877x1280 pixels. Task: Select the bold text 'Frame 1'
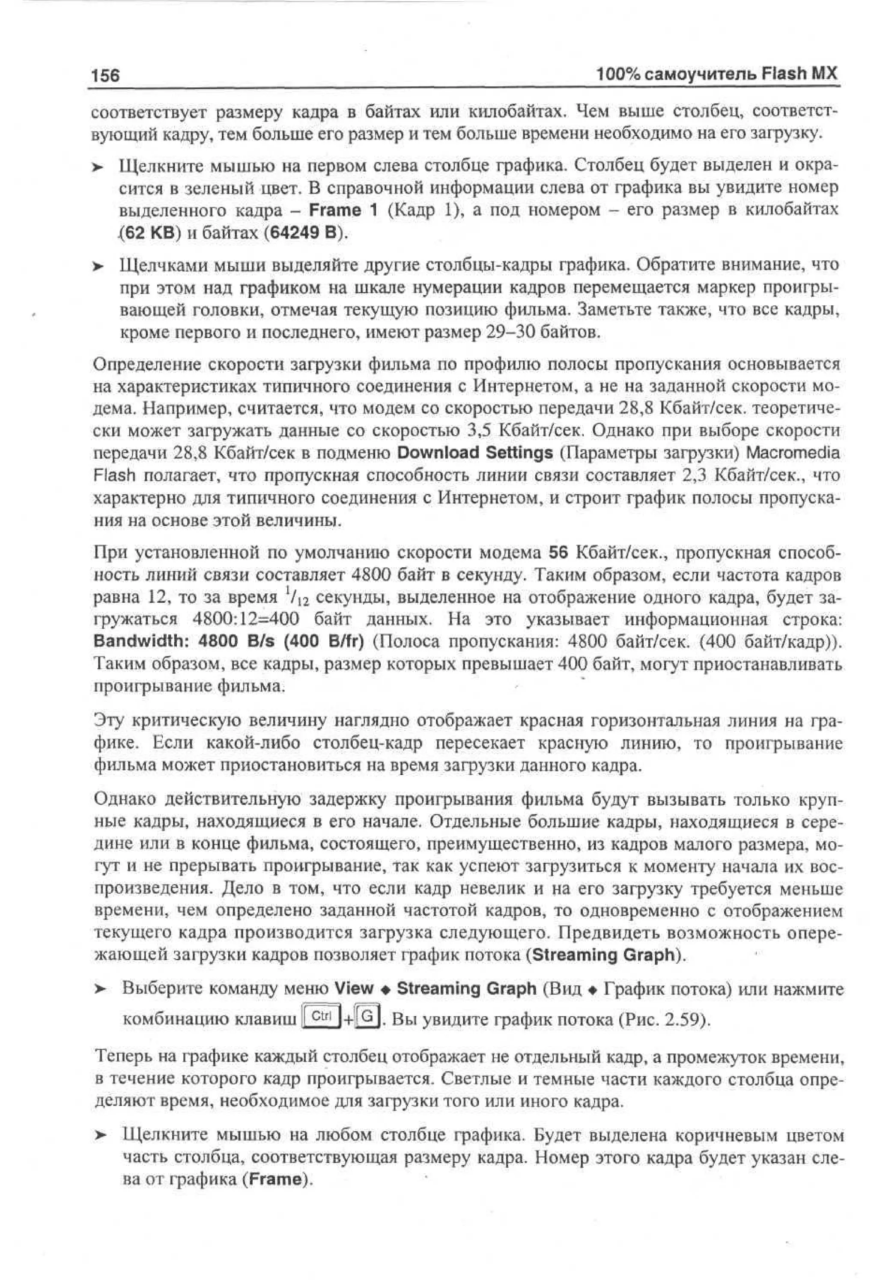coord(343,211)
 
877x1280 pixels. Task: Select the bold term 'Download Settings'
coord(474,453)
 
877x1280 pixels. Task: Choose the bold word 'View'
coord(354,988)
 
